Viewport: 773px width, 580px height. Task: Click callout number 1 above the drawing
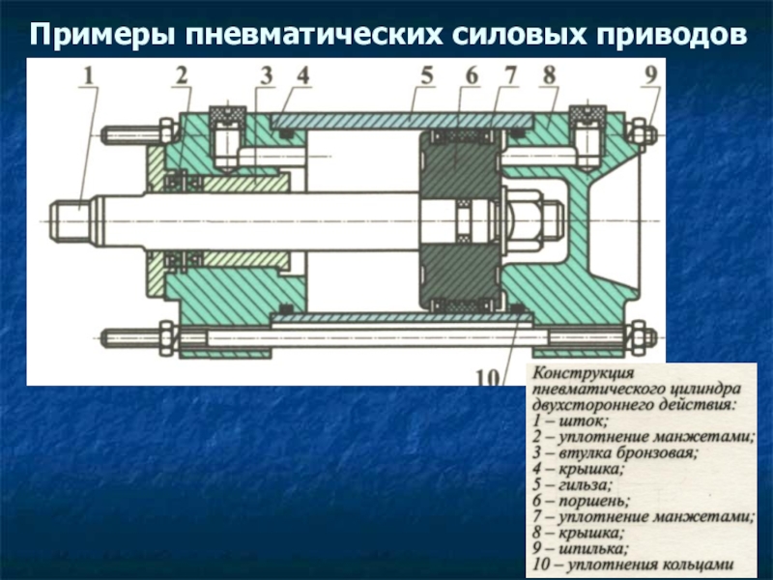coord(88,74)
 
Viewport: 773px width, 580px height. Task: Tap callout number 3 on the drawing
coord(266,74)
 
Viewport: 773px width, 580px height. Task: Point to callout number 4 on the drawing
coord(302,74)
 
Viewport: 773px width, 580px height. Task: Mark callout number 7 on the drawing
coord(511,74)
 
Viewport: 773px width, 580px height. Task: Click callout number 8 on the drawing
coord(549,74)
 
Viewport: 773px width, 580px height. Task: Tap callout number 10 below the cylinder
coord(491,374)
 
